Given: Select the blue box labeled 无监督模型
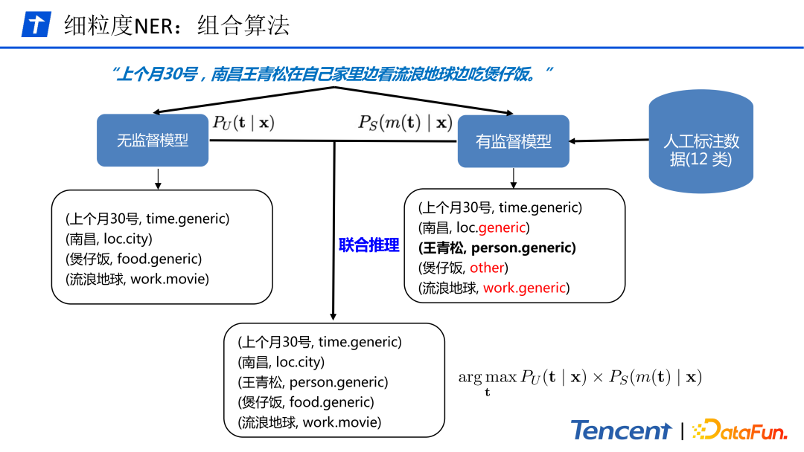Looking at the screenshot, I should tap(153, 141).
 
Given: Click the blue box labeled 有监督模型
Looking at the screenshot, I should tap(514, 141).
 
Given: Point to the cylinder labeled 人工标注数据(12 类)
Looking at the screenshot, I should tap(701, 149).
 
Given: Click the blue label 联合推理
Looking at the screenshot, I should tap(368, 245).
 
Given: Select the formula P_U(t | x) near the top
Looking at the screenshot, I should tap(243, 123).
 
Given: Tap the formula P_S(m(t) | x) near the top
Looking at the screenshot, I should tap(405, 123).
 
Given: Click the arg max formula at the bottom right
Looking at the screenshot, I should tap(579, 378).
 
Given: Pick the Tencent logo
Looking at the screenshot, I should tap(622, 430).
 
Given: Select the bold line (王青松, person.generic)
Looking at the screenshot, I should tap(497, 248).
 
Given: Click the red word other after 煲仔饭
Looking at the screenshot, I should tap(488, 268).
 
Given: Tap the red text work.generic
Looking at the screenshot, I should tap(524, 288).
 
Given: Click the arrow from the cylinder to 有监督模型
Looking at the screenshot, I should tap(609, 141).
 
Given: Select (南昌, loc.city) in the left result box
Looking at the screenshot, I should tap(109, 239).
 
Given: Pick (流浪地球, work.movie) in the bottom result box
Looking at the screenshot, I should tap(309, 422).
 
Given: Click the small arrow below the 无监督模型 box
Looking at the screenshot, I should tap(158, 178).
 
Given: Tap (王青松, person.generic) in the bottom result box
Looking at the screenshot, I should tap(313, 382).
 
